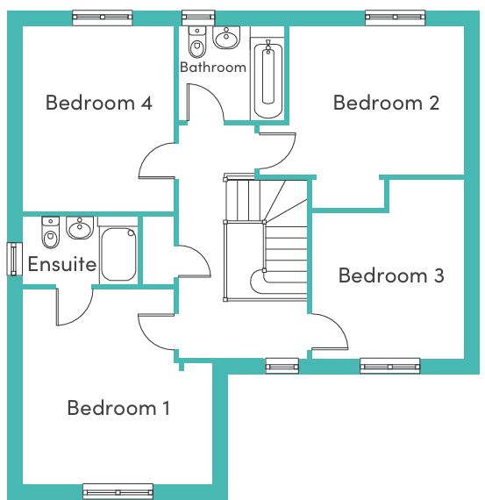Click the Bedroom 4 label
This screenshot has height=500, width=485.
tap(99, 103)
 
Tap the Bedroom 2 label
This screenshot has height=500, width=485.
tap(386, 103)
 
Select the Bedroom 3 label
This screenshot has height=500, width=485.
tap(391, 275)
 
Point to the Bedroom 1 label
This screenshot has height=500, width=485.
tap(118, 408)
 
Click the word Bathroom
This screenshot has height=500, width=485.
tap(213, 68)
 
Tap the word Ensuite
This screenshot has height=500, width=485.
tap(62, 264)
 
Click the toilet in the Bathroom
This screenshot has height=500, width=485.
tap(197, 42)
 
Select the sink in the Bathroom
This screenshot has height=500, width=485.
tap(226, 38)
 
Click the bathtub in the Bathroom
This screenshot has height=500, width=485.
tap(268, 81)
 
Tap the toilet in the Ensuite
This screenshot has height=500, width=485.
tap(50, 232)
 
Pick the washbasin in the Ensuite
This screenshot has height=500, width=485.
tap(80, 228)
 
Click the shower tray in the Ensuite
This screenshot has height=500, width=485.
tap(118, 254)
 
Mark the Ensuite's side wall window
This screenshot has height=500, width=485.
tap(14, 259)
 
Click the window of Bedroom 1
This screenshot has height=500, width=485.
tap(118, 492)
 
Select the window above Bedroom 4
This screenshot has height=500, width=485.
tap(103, 18)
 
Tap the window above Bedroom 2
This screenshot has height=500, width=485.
tap(395, 18)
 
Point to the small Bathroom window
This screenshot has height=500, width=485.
tap(198, 18)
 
